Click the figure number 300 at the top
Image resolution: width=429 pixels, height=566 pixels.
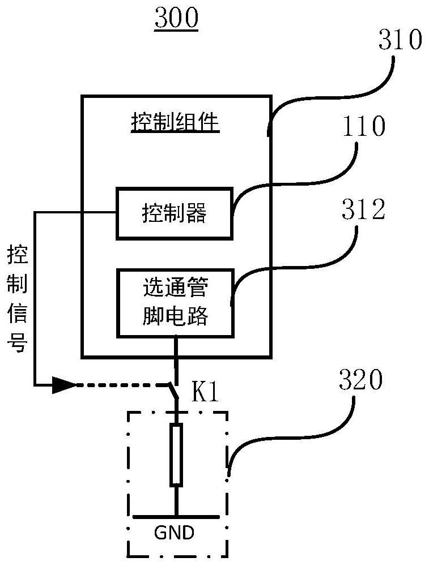pos(176,19)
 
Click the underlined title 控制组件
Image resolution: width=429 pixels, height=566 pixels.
pos(175,122)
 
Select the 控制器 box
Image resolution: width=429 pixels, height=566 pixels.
pos(174,213)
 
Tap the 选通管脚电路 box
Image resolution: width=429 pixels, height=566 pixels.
pos(174,303)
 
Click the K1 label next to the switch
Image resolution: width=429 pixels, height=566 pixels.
pos(205,393)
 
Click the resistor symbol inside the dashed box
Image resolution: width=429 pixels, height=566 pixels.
pos(176,456)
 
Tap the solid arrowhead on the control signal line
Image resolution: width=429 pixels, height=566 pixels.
pos(63,385)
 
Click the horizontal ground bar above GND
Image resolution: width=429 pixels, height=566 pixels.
pos(176,517)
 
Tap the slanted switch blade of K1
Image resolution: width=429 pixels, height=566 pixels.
pos(172,392)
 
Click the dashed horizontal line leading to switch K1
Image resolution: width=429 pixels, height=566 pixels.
pos(119,385)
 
